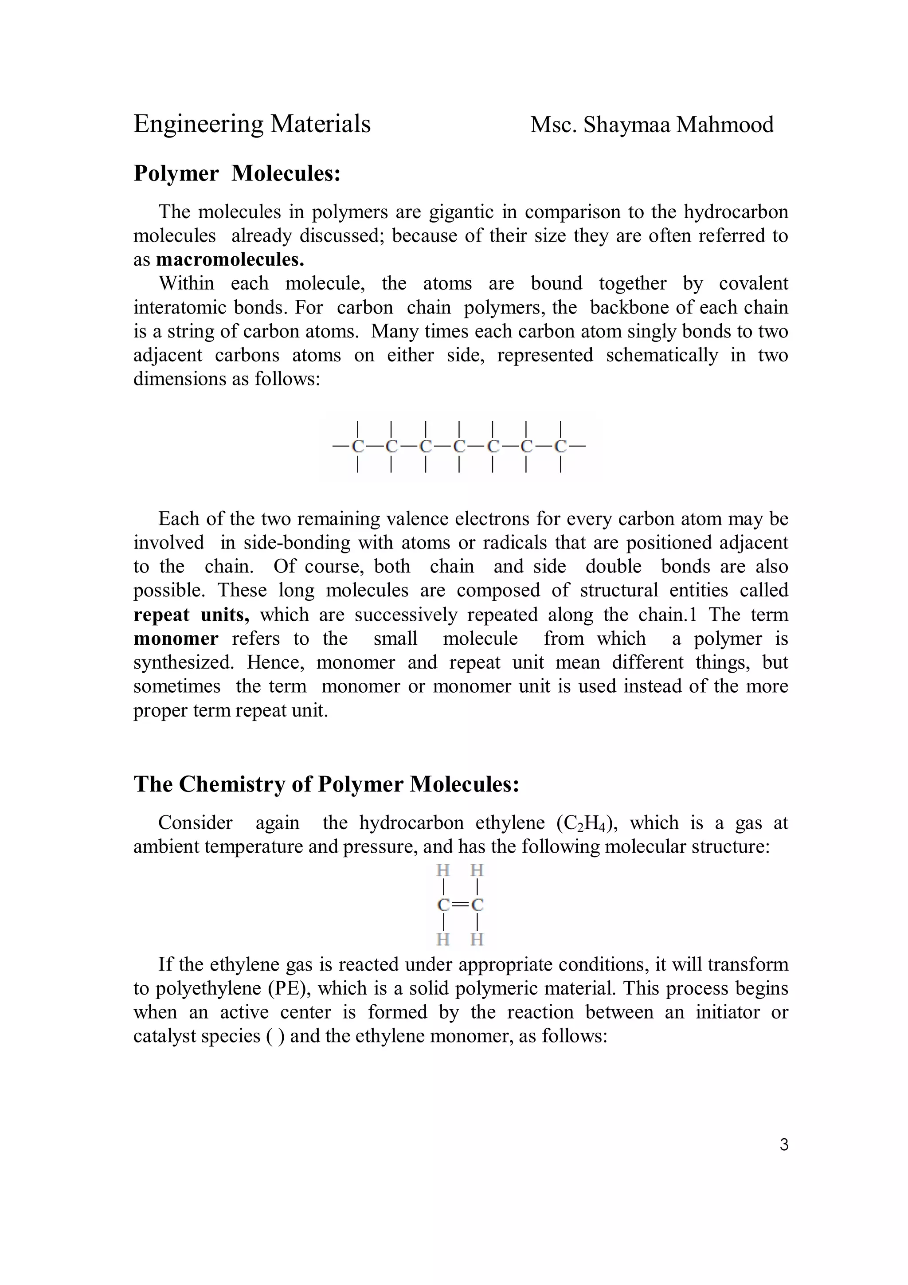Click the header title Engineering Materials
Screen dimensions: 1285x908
(252, 124)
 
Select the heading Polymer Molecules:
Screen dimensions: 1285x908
(237, 173)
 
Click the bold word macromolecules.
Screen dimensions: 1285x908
(230, 260)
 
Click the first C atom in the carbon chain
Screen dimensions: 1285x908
(357, 447)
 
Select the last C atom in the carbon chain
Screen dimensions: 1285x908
(560, 447)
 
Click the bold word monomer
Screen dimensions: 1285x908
(176, 639)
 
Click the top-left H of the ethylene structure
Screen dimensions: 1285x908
(443, 871)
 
